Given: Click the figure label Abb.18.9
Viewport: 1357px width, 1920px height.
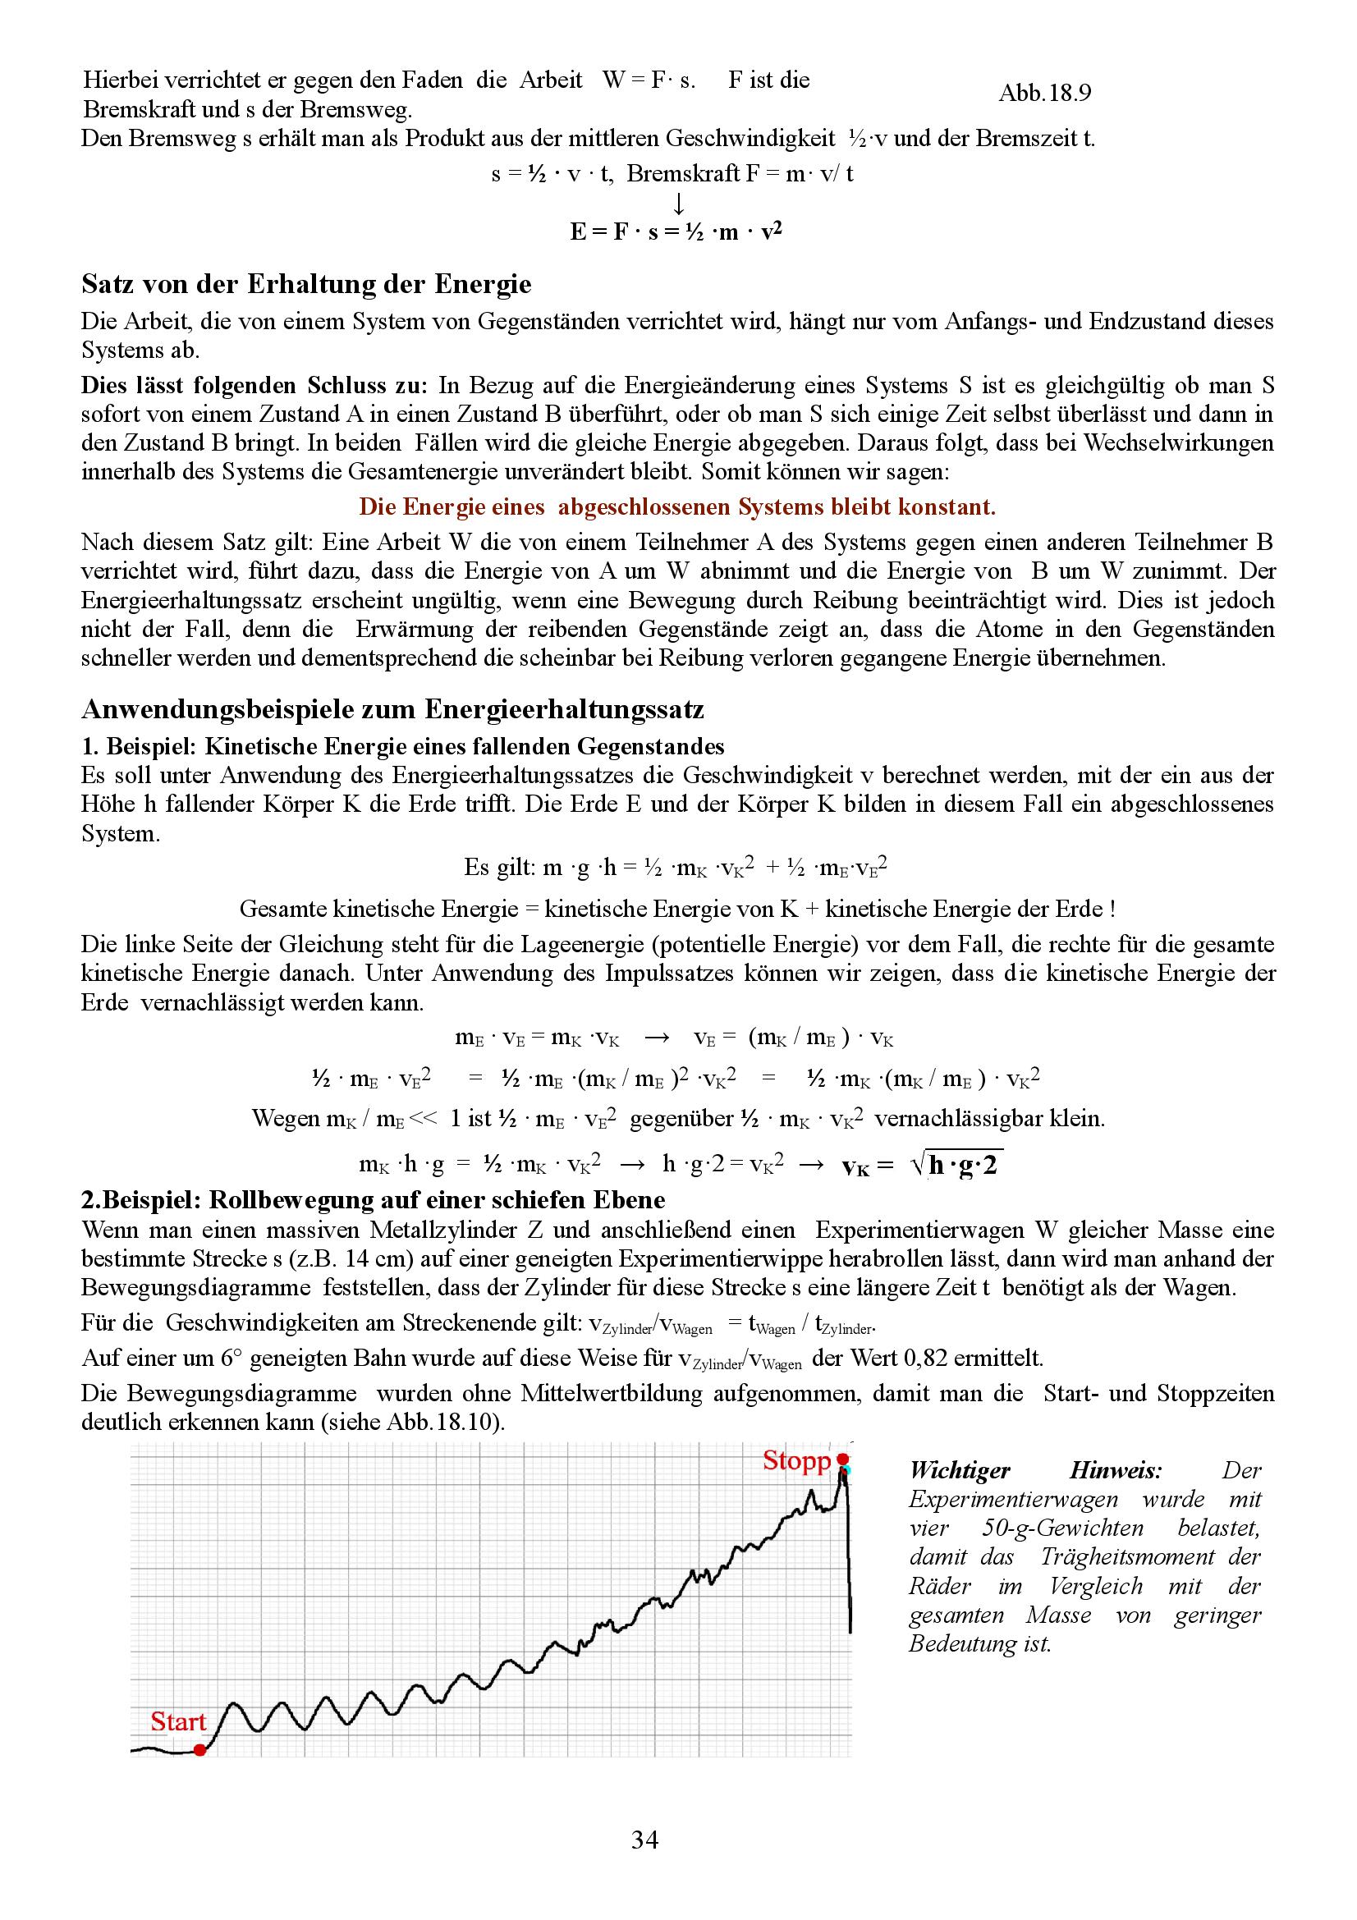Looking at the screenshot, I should click(x=1044, y=93).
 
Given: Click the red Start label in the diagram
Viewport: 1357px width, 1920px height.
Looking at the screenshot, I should click(x=178, y=1722).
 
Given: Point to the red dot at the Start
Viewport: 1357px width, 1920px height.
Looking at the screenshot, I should click(x=199, y=1749).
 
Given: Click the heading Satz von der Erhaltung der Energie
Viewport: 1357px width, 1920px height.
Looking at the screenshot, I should click(x=306, y=284).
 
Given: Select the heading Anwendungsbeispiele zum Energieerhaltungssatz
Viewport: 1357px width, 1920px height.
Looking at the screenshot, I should click(x=392, y=709).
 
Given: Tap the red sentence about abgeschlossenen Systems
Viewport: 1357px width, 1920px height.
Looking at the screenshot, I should click(x=677, y=506).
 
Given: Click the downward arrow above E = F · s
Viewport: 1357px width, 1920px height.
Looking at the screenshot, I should click(x=679, y=204).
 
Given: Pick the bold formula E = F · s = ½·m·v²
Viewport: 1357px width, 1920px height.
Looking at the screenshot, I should click(x=676, y=231).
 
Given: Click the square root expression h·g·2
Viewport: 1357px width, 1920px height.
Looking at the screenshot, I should click(x=956, y=1165).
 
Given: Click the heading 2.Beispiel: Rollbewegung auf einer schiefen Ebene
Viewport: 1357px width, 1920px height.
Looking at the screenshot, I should click(x=373, y=1200).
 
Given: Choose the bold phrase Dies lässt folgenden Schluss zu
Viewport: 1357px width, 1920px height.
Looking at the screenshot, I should click(x=254, y=386).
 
